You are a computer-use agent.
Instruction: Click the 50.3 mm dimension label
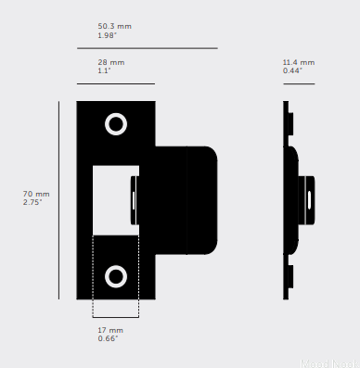pyautogui.click(x=114, y=26)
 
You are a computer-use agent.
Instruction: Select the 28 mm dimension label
pyautogui.click(x=110, y=62)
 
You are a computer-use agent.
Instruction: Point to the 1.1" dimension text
pyautogui.click(x=104, y=70)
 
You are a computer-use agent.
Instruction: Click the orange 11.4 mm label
pyautogui.click(x=297, y=62)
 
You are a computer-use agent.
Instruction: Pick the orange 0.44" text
pyautogui.click(x=293, y=70)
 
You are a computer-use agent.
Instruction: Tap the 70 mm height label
pyautogui.click(x=35, y=193)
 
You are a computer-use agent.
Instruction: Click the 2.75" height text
pyautogui.click(x=34, y=201)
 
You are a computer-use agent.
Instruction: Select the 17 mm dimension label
pyautogui.click(x=109, y=330)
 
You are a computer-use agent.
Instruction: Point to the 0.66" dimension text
pyautogui.click(x=109, y=338)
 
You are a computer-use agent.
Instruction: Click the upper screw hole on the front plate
pyautogui.click(x=116, y=124)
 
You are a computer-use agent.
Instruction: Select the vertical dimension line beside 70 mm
pyautogui.click(x=58, y=199)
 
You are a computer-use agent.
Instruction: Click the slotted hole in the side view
pyautogui.click(x=309, y=197)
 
